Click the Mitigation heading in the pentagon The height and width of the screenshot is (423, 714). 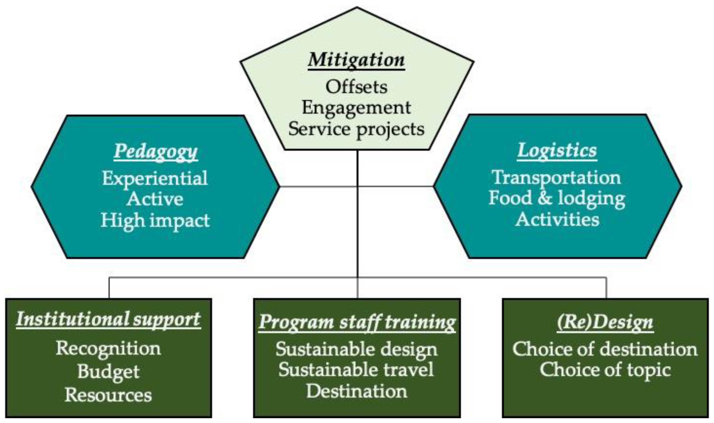[356, 60]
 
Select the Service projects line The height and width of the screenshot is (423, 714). [356, 129]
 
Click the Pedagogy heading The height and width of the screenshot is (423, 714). [156, 151]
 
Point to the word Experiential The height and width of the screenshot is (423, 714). [155, 178]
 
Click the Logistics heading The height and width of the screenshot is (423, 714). [557, 150]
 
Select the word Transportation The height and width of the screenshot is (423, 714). [556, 177]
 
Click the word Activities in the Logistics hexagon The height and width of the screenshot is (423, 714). [557, 220]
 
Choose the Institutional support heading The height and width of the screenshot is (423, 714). [108, 319]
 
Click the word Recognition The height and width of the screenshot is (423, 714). [108, 348]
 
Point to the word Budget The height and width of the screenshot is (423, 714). [108, 372]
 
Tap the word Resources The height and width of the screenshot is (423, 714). [108, 395]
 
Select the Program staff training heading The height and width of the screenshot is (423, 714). [357, 322]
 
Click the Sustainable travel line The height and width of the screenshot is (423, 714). [356, 370]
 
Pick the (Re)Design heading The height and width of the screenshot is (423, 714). [605, 322]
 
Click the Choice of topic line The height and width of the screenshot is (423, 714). [605, 370]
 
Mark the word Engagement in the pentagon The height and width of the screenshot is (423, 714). [356, 108]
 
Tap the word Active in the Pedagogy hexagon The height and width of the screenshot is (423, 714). [155, 199]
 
